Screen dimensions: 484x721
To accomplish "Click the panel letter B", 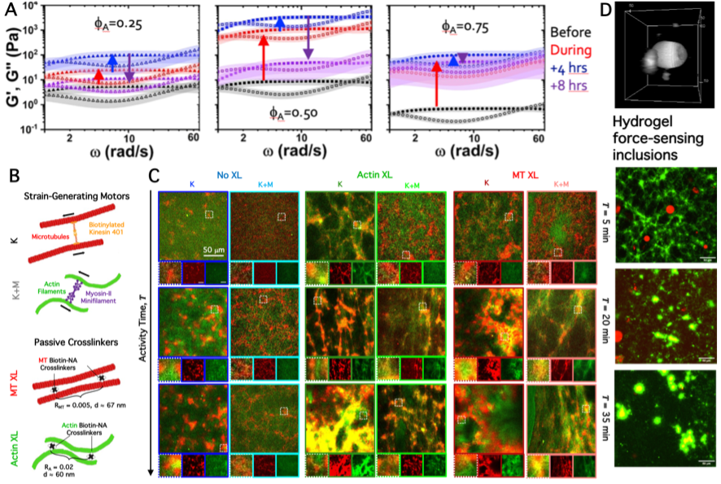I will coord(11,176).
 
